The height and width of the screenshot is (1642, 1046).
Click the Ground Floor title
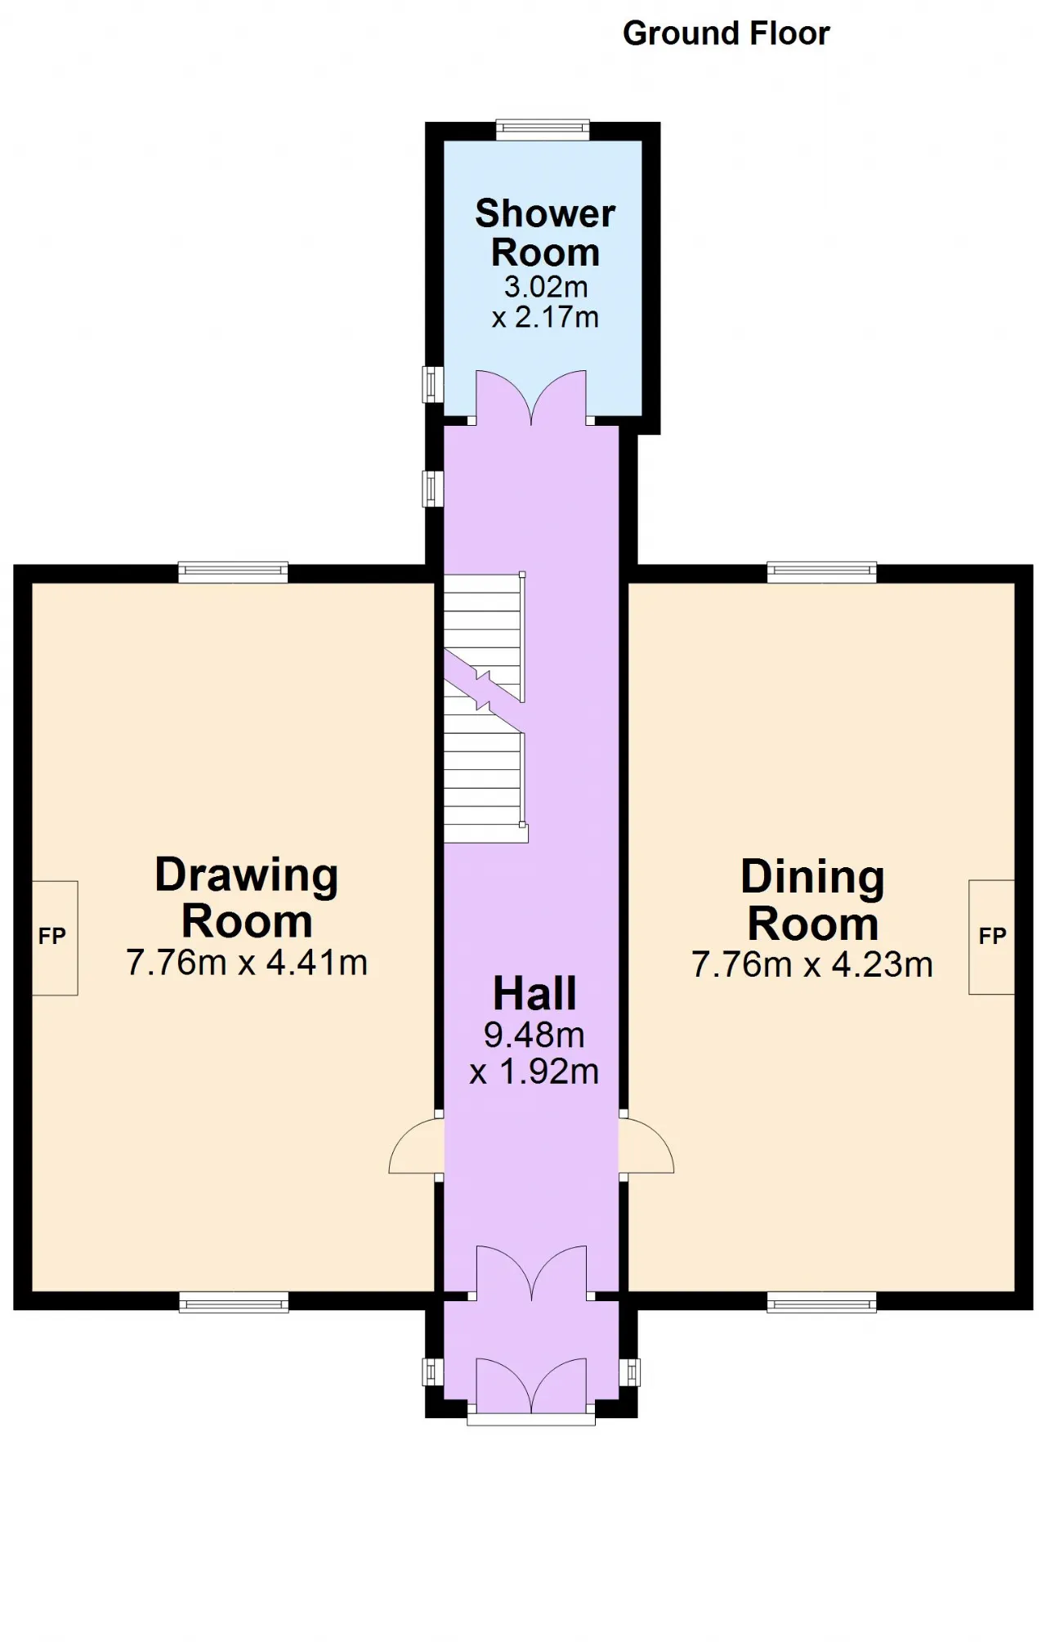click(x=726, y=34)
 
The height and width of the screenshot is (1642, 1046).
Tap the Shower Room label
click(x=545, y=233)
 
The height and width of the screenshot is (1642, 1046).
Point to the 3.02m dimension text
click(x=545, y=287)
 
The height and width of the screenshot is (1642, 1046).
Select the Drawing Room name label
click(x=247, y=897)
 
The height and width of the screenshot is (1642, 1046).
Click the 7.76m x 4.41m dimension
click(x=247, y=963)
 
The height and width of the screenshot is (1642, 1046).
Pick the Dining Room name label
click(x=813, y=900)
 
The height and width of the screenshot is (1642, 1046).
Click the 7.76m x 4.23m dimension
click(x=812, y=965)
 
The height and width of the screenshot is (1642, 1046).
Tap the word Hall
click(x=534, y=994)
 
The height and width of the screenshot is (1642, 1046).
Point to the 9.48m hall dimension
click(x=534, y=1036)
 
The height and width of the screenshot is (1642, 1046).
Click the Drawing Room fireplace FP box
click(x=55, y=937)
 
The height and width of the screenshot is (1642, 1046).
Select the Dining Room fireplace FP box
click(x=991, y=937)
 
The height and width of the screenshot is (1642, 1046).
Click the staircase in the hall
click(x=485, y=708)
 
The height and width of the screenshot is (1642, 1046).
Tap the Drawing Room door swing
click(x=416, y=1147)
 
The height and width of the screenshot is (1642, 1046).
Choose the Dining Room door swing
click(x=646, y=1146)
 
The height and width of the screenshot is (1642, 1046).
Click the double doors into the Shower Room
click(x=531, y=398)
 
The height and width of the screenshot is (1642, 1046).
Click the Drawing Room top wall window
click(x=234, y=572)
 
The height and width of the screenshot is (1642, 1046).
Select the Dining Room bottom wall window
click(x=822, y=1303)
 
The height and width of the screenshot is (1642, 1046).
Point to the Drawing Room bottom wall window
click(x=234, y=1303)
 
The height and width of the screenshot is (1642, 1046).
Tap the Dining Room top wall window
click(x=822, y=572)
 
